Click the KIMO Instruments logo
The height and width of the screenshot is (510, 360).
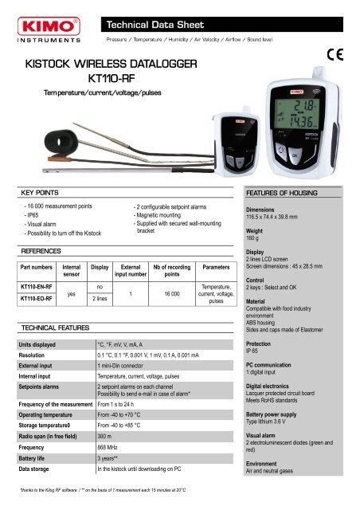[x=45, y=24]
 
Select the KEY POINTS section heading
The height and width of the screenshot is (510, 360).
[x=41, y=194]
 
